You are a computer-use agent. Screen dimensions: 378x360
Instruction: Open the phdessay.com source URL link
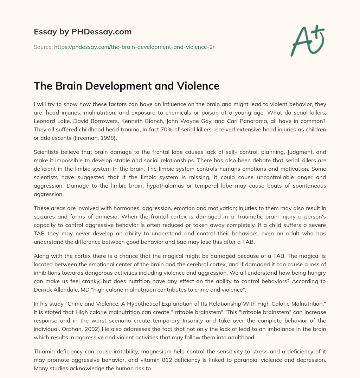[134, 46]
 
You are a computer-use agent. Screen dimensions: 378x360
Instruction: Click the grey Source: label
[43, 46]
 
